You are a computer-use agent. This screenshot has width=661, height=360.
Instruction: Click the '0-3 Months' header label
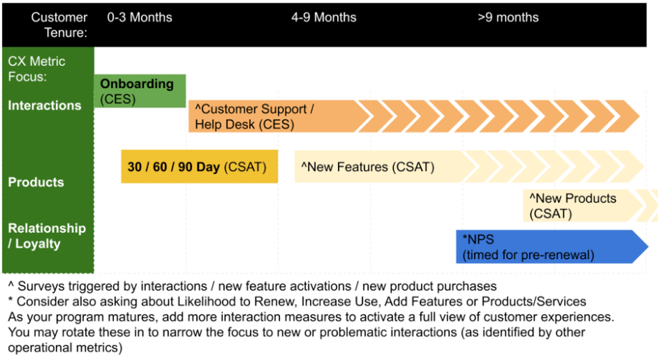click(x=139, y=17)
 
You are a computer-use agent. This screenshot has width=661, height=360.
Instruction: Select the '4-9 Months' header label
click(x=324, y=17)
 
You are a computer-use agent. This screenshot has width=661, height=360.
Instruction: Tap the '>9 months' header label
click(x=508, y=17)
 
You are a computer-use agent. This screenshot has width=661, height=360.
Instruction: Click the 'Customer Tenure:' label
click(x=59, y=25)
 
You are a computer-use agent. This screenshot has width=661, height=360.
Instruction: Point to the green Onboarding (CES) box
click(x=140, y=91)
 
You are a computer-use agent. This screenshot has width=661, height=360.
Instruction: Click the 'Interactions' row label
click(x=44, y=105)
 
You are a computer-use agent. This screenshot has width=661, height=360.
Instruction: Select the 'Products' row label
click(x=36, y=182)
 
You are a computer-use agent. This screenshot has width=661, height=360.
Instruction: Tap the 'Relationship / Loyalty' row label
click(x=46, y=236)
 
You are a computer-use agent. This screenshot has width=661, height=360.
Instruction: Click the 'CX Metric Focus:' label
click(x=36, y=69)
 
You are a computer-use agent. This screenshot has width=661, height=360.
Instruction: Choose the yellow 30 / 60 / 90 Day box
click(x=199, y=167)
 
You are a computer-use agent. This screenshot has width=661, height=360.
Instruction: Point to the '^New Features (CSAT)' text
click(x=368, y=167)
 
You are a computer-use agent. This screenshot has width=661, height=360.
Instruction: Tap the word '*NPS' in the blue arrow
click(x=478, y=239)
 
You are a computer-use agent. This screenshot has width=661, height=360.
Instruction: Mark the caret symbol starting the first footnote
click(x=11, y=285)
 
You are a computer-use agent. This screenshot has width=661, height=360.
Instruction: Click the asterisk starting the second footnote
click(x=11, y=300)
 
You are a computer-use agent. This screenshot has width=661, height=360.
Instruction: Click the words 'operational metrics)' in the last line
click(x=65, y=348)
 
